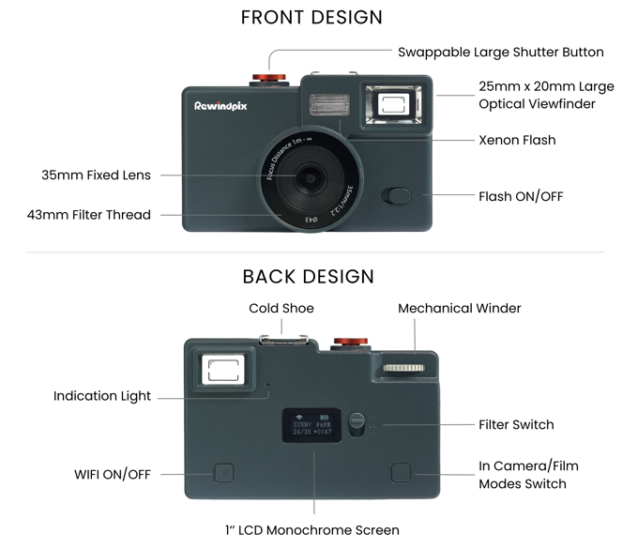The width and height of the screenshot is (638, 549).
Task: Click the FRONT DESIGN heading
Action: [x=311, y=17]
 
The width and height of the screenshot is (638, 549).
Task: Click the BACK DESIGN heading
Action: [x=309, y=276]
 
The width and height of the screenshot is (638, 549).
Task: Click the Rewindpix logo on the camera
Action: [x=221, y=106]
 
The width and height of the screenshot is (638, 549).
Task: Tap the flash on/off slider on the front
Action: [x=398, y=196]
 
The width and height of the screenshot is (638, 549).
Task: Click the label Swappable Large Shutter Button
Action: [x=500, y=52]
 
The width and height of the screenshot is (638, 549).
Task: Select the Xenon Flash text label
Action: [x=517, y=140]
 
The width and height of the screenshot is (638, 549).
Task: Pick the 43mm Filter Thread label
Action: [x=89, y=215]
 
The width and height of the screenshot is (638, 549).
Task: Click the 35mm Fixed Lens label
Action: [x=96, y=175]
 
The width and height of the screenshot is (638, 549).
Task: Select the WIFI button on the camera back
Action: [x=224, y=472]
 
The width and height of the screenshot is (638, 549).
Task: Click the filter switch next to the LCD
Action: [x=357, y=423]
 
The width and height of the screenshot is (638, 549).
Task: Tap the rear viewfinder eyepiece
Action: [x=221, y=369]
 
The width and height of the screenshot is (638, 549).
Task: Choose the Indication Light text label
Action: [x=101, y=396]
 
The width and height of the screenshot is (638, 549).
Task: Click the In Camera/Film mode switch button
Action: [x=401, y=472]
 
